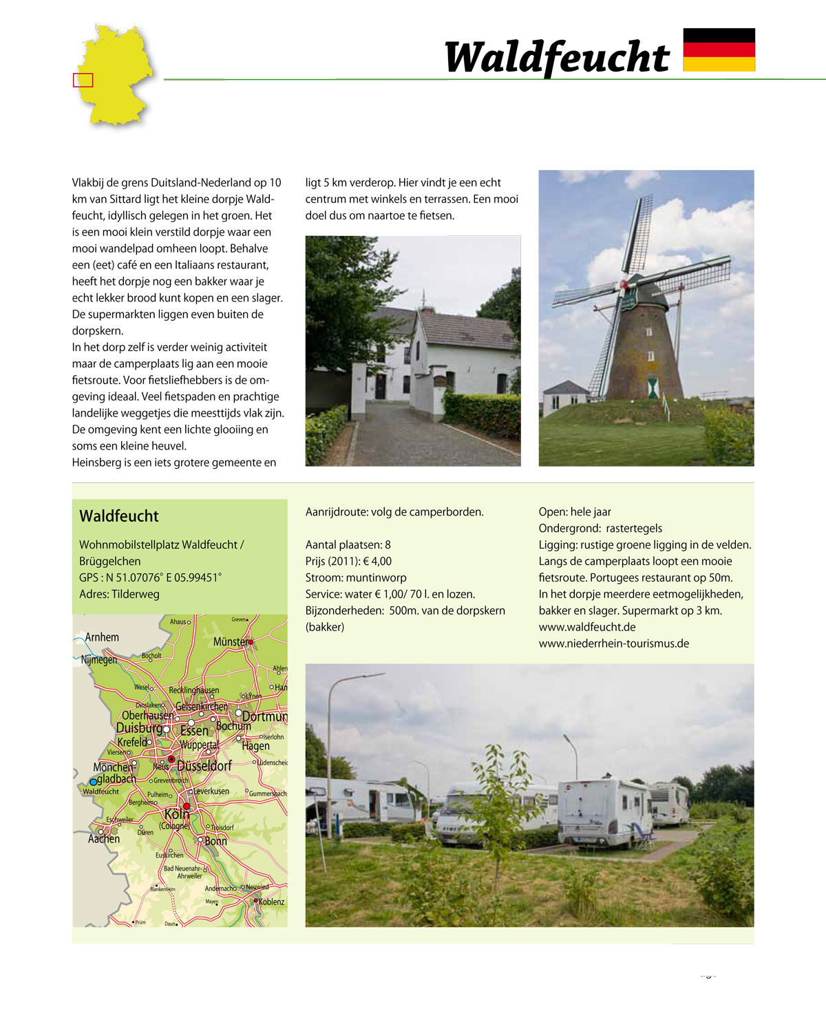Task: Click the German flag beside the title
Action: pyautogui.click(x=719, y=50)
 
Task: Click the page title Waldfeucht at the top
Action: pyautogui.click(x=557, y=57)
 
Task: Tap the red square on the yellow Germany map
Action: pyautogui.click(x=83, y=80)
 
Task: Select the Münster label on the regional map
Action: pyautogui.click(x=231, y=641)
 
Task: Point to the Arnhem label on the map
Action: pyautogui.click(x=102, y=637)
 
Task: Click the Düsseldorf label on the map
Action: pyautogui.click(x=204, y=765)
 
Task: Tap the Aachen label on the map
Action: pyautogui.click(x=104, y=839)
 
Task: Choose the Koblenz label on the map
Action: pyautogui.click(x=271, y=902)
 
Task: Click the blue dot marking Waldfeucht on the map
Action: pyautogui.click(x=94, y=782)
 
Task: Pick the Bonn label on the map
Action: pyautogui.click(x=215, y=841)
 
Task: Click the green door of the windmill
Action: pyautogui.click(x=653, y=387)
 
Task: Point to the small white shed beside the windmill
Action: pyautogui.click(x=565, y=398)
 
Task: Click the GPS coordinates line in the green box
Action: pyautogui.click(x=150, y=577)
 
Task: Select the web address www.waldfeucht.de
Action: pyautogui.click(x=586, y=627)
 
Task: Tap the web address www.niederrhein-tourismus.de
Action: pyautogui.click(x=613, y=643)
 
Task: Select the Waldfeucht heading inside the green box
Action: pyautogui.click(x=119, y=516)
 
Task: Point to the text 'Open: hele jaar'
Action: pyautogui.click(x=575, y=511)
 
